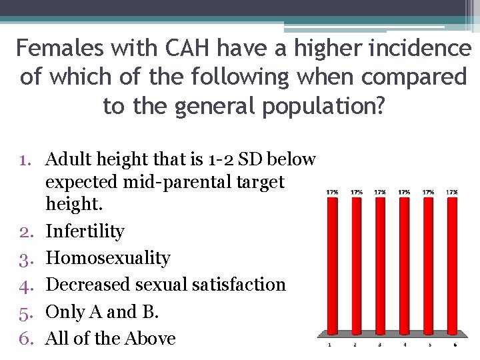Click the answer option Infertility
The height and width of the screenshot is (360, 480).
pyautogui.click(x=85, y=231)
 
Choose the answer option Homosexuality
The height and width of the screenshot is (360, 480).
pyautogui.click(x=108, y=258)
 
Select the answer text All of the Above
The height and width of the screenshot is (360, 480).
pyautogui.click(x=110, y=339)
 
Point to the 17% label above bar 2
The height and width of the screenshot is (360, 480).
pyautogui.click(x=356, y=192)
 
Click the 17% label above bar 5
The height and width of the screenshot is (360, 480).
pyautogui.click(x=428, y=192)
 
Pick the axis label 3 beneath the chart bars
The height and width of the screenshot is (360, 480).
pyautogui.click(x=379, y=345)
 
